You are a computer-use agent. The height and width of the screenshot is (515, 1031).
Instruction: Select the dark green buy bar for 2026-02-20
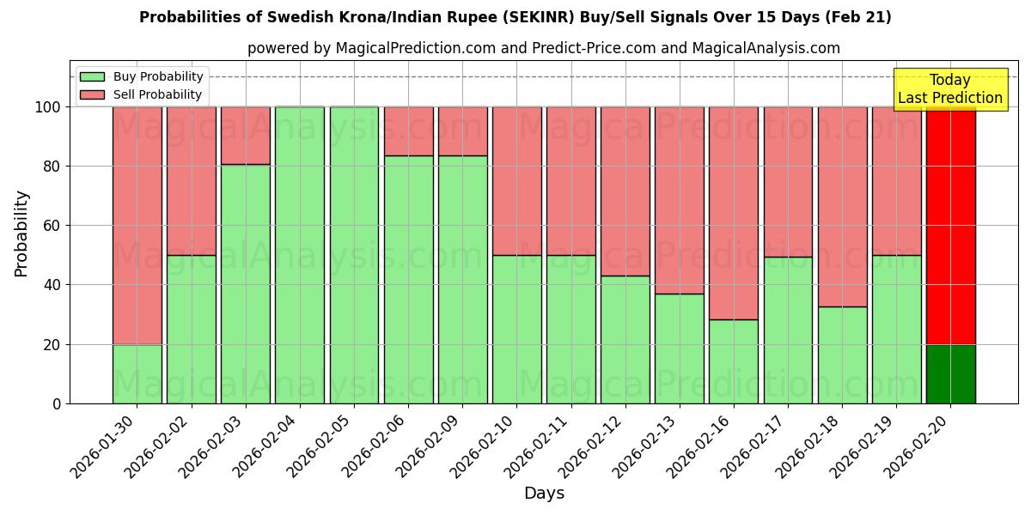coord(950,373)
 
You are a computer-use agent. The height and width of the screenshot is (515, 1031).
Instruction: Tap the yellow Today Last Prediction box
coord(949,89)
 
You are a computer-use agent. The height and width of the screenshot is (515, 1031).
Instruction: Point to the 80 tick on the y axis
coord(53,167)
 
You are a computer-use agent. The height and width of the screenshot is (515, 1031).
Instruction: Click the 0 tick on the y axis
coord(58,403)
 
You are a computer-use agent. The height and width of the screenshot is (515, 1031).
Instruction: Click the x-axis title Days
coord(544,494)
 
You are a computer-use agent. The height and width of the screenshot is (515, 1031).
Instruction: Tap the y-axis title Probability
coord(21,233)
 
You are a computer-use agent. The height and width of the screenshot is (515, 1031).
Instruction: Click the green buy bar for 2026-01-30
coord(137,373)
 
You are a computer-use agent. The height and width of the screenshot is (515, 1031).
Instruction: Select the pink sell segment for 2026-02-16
coord(734,213)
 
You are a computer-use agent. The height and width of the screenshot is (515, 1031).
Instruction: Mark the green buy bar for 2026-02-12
coord(625,339)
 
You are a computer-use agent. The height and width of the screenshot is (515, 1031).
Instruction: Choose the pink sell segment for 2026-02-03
coord(246,136)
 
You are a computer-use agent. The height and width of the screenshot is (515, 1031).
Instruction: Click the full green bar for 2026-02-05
coord(354,255)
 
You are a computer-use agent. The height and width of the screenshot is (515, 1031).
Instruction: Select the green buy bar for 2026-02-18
coord(842,354)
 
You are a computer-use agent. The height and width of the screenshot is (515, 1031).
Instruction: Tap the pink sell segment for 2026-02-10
coord(516,180)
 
